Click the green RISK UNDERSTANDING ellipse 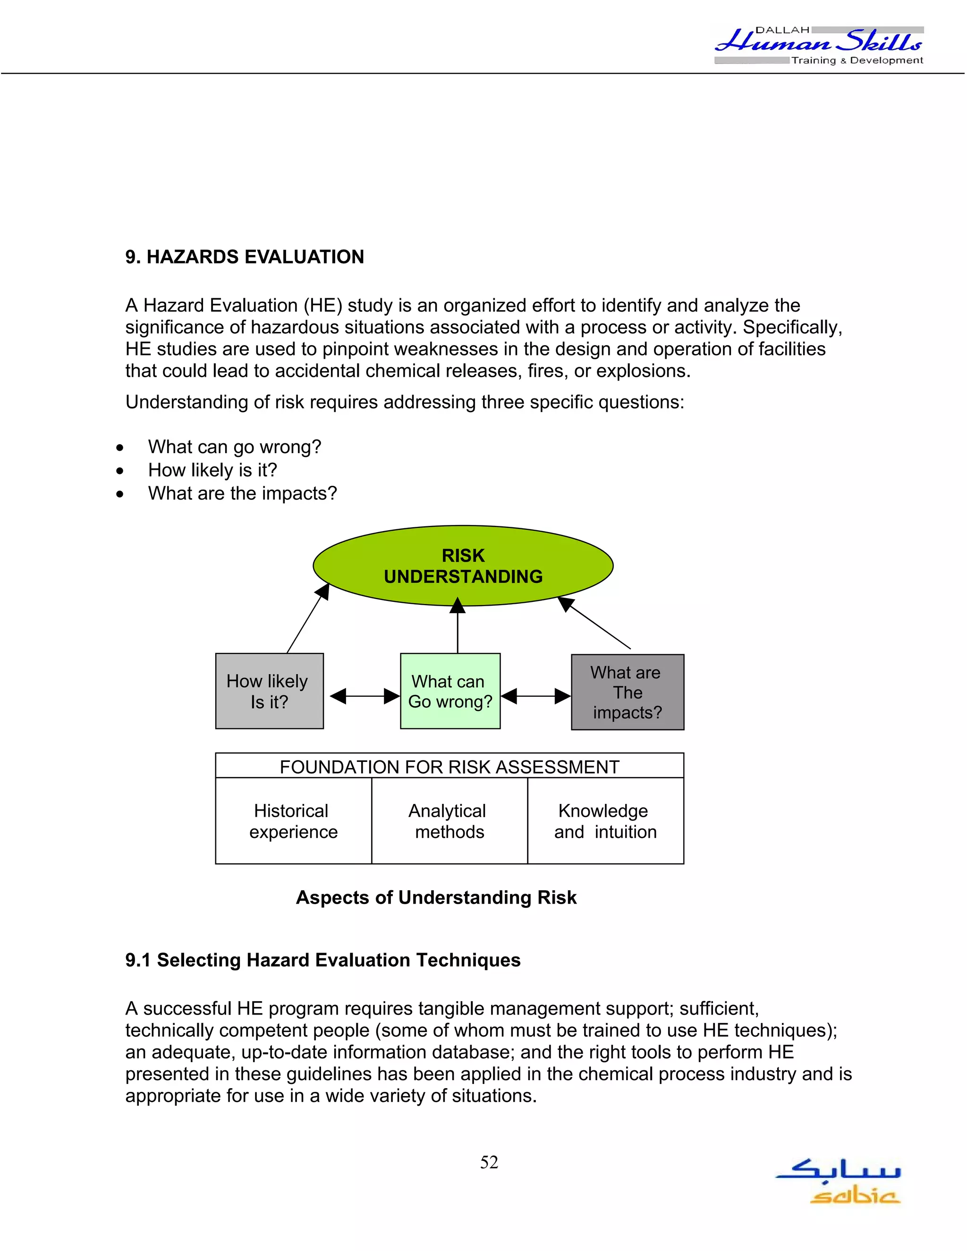pos(463,566)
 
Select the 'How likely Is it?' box pos(269,691)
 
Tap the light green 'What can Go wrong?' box pos(450,691)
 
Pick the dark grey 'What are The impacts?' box pos(628,692)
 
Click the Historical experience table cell pos(293,821)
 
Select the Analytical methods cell pos(449,821)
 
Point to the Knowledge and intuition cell pos(605,821)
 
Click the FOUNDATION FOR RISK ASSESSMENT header pos(449,766)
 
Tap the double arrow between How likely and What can pos(365,696)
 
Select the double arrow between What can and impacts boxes pos(535,696)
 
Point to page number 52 pos(489,1162)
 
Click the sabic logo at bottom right pos(839,1182)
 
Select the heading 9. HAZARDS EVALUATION pos(245,257)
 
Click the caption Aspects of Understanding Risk pos(436,897)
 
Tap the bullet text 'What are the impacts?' pos(242,493)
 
